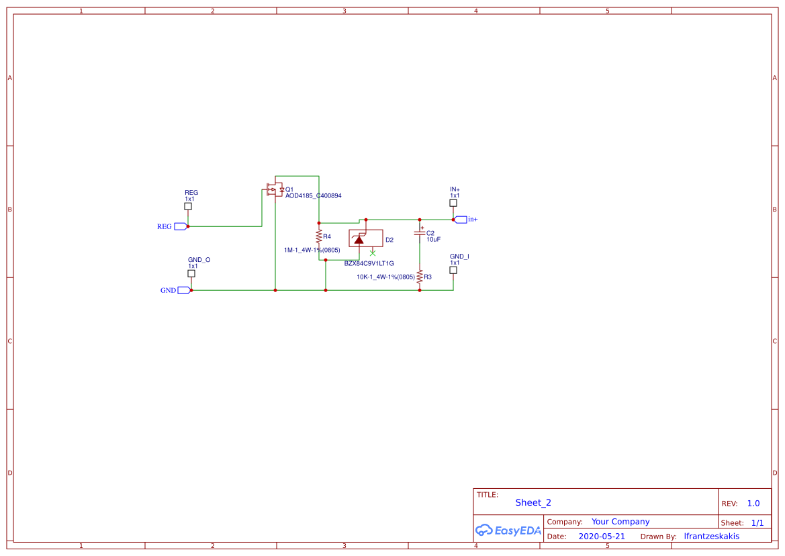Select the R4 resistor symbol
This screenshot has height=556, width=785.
pyautogui.click(x=319, y=237)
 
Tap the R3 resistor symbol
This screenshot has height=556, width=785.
pyautogui.click(x=420, y=276)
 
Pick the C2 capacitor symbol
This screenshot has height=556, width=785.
pyautogui.click(x=420, y=232)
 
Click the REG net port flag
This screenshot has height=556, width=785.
pyautogui.click(x=180, y=226)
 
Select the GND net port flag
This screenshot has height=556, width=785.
pyautogui.click(x=184, y=290)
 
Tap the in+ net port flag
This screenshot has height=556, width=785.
pyautogui.click(x=461, y=220)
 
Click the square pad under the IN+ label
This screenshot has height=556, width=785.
pyautogui.click(x=453, y=203)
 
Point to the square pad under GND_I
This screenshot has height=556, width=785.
pyautogui.click(x=453, y=270)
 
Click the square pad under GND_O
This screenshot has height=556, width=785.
pyautogui.click(x=191, y=273)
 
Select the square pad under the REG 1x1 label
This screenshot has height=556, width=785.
pyautogui.click(x=188, y=207)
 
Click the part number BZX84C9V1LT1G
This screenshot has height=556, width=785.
pyautogui.click(x=369, y=264)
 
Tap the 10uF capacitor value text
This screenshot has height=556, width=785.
pyautogui.click(x=433, y=240)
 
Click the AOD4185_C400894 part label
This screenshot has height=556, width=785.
pyautogui.click(x=314, y=196)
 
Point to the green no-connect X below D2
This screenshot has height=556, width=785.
pyautogui.click(x=373, y=253)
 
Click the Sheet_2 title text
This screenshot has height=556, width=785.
pyautogui.click(x=533, y=502)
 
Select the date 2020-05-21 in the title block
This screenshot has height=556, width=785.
pyautogui.click(x=602, y=537)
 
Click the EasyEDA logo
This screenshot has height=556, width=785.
pyautogui.click(x=508, y=530)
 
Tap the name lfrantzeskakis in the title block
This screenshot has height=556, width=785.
pyautogui.click(x=711, y=537)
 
